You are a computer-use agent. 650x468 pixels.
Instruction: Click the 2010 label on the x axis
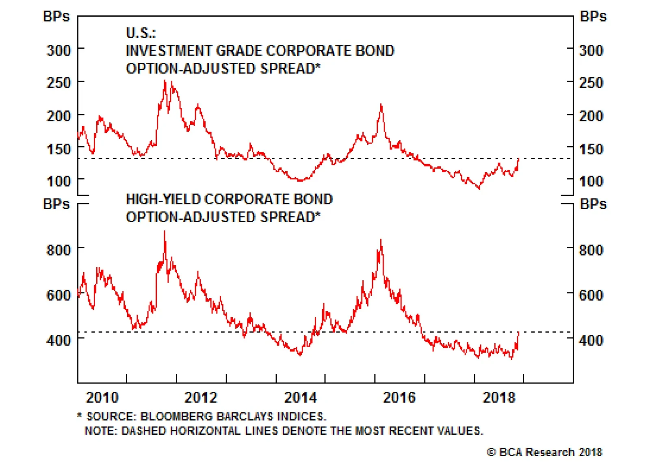point(102,397)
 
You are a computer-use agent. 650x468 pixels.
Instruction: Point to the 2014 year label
point(301,397)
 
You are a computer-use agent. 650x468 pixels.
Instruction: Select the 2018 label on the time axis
point(499,397)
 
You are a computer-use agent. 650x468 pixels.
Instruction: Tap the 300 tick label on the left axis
point(59,51)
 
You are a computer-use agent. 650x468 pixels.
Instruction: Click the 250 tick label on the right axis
point(591,83)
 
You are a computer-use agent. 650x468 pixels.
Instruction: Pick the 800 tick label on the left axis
point(59,249)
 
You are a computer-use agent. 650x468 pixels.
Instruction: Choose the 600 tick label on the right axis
point(591,295)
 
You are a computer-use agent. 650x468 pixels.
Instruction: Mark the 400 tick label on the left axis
point(59,340)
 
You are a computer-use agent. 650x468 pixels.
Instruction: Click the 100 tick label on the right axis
point(591,181)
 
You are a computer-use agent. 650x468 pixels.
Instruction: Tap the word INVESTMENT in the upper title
point(169,51)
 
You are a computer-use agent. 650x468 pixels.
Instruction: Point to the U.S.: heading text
point(141,33)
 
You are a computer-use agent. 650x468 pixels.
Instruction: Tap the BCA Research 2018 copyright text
point(545,452)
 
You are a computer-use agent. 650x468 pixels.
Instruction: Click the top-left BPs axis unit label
point(56,17)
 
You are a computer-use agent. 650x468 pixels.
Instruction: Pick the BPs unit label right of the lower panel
point(593,204)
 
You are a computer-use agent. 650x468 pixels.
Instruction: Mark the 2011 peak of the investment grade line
point(165,81)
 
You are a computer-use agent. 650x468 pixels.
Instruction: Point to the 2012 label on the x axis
point(201,397)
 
